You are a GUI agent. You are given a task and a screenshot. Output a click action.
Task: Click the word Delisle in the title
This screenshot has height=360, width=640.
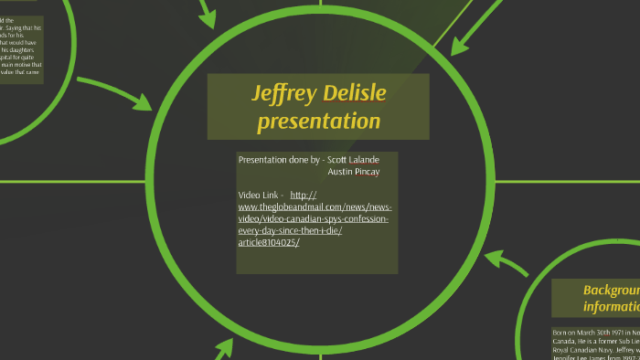click(x=351, y=93)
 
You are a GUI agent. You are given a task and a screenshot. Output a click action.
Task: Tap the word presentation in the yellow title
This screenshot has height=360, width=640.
click(x=318, y=121)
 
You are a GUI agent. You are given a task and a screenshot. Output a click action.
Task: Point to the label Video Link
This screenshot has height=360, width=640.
click(x=259, y=196)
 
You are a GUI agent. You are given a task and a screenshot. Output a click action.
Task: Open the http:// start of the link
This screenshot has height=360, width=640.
click(x=303, y=196)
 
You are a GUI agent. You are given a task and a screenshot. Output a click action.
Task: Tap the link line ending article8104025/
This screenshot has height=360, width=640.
click(x=268, y=242)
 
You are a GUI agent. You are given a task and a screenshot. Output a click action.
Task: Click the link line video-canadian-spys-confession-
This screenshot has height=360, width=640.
click(x=314, y=219)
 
